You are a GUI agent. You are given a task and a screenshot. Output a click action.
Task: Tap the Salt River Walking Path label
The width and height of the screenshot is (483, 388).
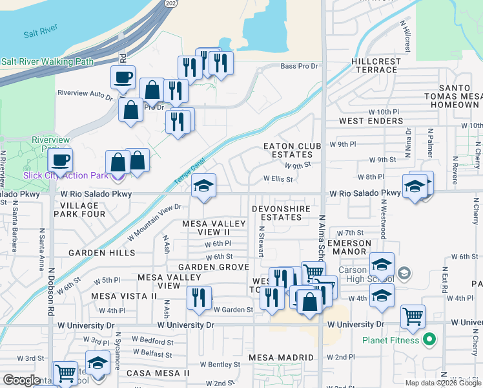[x=46, y=62]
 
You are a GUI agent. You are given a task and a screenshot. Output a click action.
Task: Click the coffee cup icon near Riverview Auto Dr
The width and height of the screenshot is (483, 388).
[x=123, y=78]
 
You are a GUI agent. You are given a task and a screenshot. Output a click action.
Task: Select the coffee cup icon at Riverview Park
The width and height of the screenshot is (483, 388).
[x=60, y=160]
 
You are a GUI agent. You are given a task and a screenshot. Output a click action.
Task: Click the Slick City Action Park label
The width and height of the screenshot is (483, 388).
[x=66, y=175]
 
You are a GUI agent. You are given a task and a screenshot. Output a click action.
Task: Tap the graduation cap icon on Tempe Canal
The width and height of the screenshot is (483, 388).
[x=203, y=187]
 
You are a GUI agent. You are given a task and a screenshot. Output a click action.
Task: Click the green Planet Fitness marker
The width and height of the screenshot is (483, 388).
[x=428, y=339]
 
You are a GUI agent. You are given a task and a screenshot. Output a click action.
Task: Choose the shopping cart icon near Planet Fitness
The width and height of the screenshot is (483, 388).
[x=413, y=317]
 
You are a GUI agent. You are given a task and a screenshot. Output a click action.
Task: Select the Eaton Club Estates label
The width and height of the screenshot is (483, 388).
[x=292, y=151]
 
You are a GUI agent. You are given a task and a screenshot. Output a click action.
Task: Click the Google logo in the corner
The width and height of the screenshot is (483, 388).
[x=22, y=381]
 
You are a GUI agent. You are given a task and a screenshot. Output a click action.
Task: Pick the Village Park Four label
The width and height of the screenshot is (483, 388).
[x=79, y=210]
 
